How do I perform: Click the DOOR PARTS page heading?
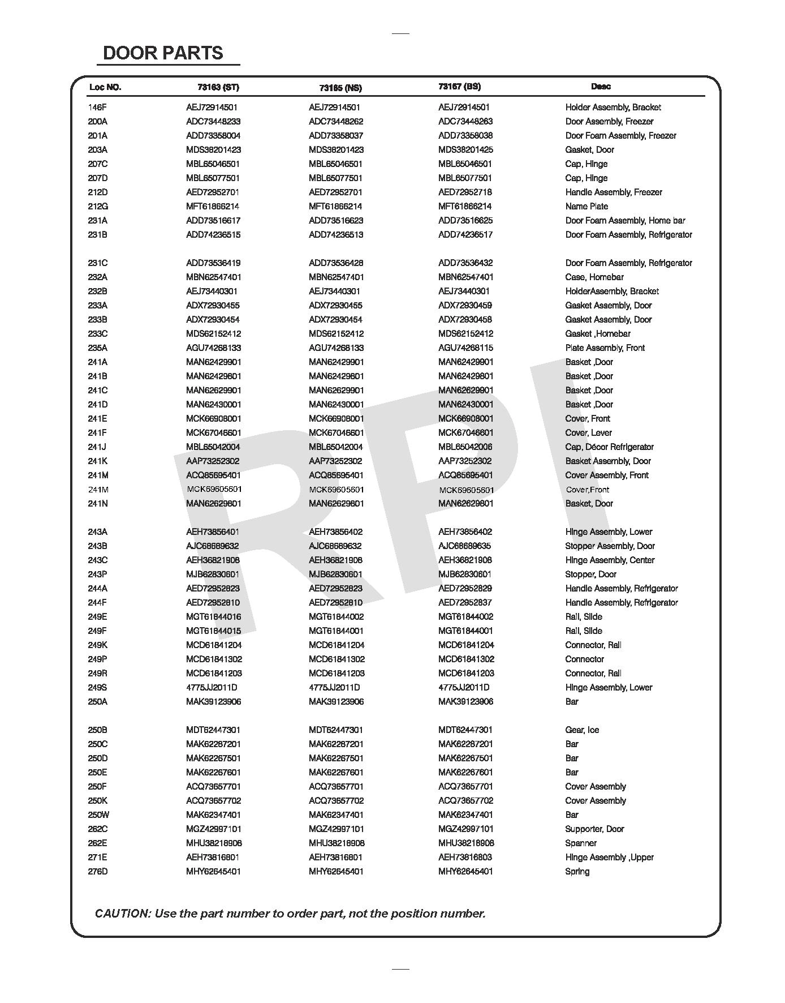tap(163, 53)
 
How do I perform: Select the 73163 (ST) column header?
tap(218, 87)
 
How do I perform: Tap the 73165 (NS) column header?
tap(340, 88)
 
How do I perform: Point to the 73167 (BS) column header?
tap(459, 87)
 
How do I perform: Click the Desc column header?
tap(601, 87)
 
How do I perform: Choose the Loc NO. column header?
tap(105, 87)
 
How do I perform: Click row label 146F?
tap(97, 108)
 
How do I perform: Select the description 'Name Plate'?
tap(586, 207)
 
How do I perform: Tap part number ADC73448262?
tap(336, 122)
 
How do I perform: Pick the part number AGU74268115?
tap(465, 348)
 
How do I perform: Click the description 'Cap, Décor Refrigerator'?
tap(609, 447)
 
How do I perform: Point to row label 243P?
tap(97, 575)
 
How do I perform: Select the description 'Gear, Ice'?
tap(582, 730)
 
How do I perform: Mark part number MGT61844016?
tap(213, 617)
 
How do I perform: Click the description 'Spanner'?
tap(581, 843)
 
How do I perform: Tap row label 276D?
tap(98, 872)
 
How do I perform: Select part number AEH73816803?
tap(465, 858)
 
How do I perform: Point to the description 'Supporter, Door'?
tap(594, 829)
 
